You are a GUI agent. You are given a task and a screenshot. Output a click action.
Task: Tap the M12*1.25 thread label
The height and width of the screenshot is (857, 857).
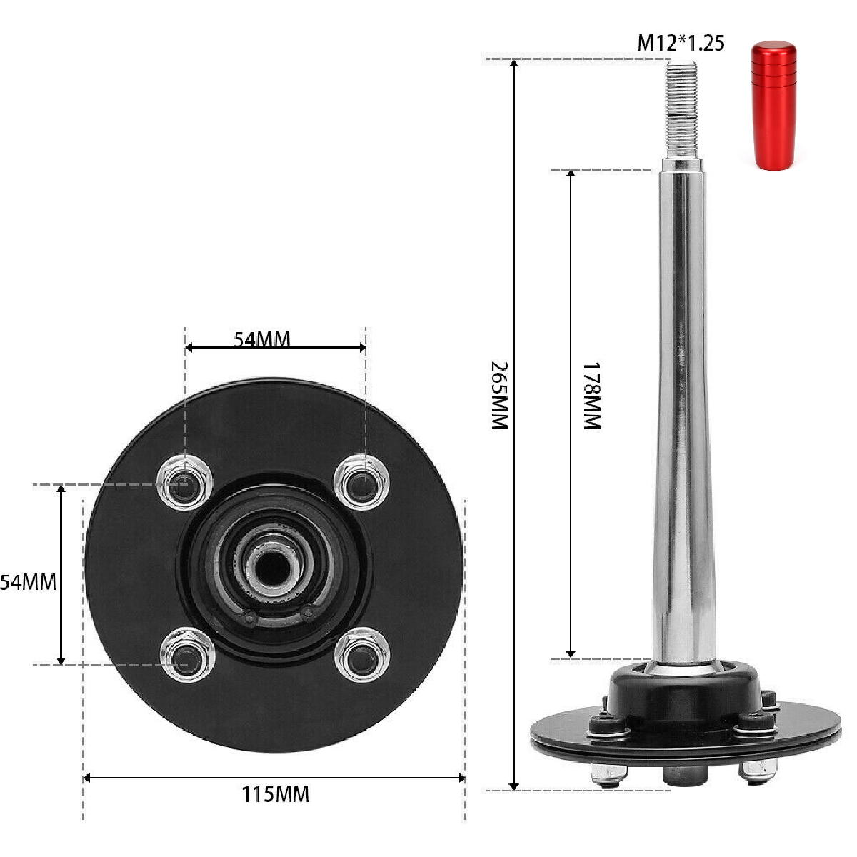(x=680, y=43)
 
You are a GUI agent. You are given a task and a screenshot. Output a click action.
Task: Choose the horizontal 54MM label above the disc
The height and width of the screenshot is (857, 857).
(x=262, y=339)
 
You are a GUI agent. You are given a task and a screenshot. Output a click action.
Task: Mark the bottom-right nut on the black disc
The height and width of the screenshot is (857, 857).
(x=364, y=653)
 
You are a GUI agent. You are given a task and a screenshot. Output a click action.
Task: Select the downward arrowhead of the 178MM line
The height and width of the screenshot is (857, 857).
(x=571, y=652)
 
